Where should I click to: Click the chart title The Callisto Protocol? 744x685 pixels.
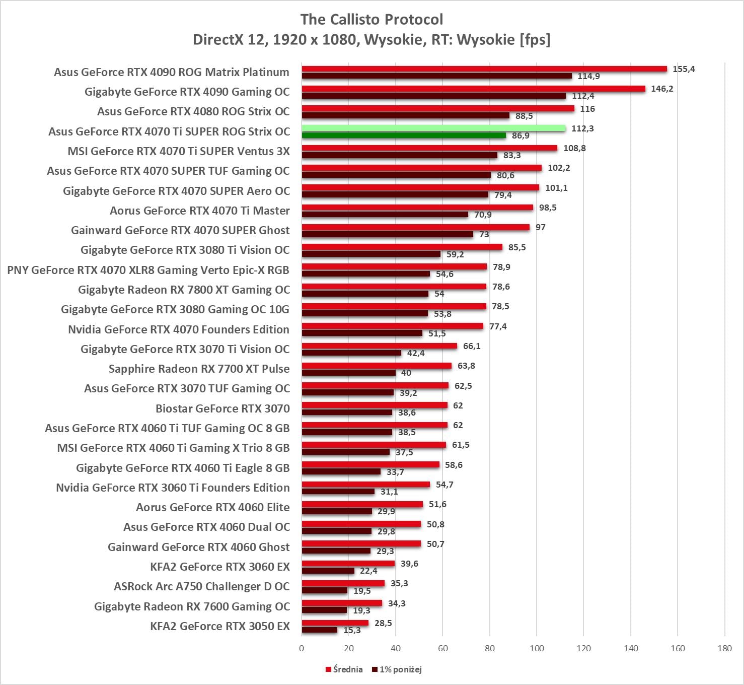371,20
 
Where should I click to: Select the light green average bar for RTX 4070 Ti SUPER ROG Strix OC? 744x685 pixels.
433,128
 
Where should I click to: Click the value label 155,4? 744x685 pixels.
684,69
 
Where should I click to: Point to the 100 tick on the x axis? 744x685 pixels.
537,648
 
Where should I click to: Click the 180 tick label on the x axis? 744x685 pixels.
724,648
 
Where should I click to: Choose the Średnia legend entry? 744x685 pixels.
344,669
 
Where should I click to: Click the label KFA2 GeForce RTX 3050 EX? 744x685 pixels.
220,626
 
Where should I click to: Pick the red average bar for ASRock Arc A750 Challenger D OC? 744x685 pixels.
343,583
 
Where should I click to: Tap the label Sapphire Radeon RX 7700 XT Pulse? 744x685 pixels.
199,369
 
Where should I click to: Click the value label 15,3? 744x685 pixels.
352,630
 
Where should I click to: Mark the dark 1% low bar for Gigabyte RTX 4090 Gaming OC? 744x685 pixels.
433,96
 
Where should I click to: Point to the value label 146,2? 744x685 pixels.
662,89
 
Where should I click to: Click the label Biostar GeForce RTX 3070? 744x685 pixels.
222,408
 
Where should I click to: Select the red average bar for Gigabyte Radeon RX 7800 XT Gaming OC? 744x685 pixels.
394,287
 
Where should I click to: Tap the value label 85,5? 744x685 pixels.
517,247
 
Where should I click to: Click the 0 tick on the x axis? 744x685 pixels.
302,648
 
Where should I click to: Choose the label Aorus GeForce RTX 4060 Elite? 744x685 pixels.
213,507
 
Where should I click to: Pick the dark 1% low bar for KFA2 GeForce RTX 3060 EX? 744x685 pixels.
328,571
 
